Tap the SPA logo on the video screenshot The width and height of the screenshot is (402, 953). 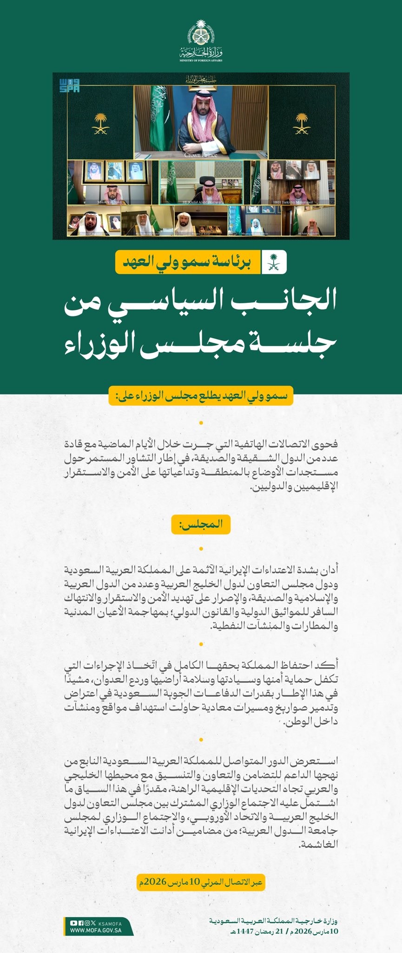(x=70, y=85)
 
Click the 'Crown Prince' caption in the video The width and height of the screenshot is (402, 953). (x=201, y=155)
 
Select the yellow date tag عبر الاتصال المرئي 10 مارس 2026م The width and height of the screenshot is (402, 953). (x=201, y=882)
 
